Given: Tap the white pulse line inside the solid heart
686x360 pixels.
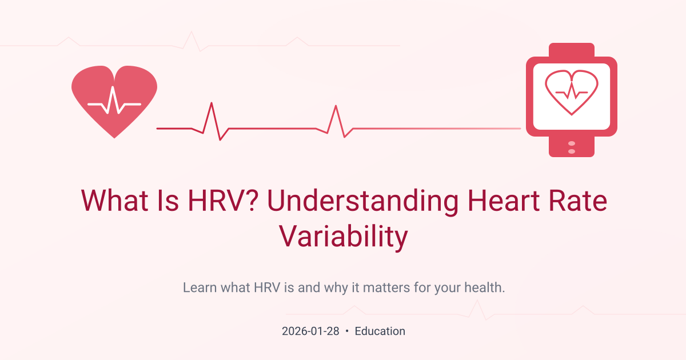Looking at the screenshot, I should click(x=114, y=103).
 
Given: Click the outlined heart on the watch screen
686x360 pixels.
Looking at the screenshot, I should click(x=572, y=91).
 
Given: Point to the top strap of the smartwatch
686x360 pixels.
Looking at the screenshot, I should click(x=572, y=50).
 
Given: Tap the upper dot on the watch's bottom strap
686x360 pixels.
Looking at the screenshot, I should click(x=572, y=143).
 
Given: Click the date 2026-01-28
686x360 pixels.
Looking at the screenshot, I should click(x=310, y=331).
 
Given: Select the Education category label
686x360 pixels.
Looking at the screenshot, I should click(x=380, y=331).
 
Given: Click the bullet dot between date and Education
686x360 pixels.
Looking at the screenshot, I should click(x=346, y=331).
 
